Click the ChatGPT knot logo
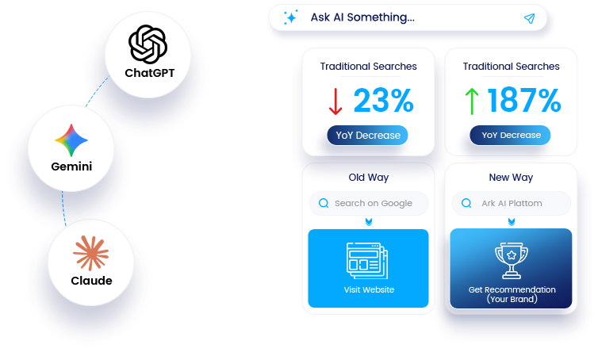point(148,44)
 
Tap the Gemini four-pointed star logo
point(71,140)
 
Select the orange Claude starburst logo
point(90,253)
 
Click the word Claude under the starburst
point(91,281)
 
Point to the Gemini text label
point(71,167)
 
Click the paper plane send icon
point(529,18)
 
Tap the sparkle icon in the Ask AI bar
point(290,17)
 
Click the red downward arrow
point(335,101)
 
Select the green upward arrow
point(472,101)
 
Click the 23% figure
point(383,100)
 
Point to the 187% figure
point(524,100)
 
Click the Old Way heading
point(369,178)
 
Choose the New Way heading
point(511,178)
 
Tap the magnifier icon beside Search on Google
point(324,203)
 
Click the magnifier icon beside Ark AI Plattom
point(466,203)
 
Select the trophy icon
point(512,260)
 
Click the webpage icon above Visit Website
point(367,261)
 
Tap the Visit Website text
point(369,290)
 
